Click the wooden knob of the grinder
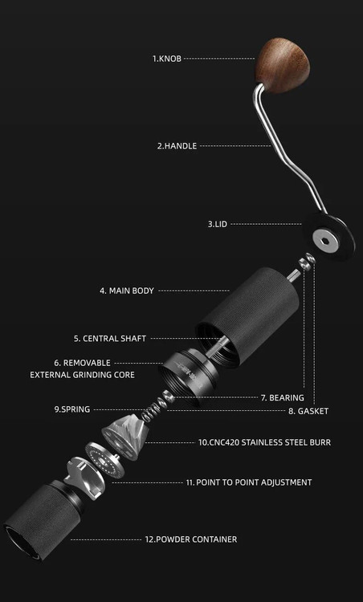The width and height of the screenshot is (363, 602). [x=283, y=64]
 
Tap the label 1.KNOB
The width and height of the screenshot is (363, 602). [x=167, y=59]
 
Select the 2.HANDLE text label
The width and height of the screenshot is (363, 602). [x=177, y=146]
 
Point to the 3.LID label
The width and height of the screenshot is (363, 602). [x=218, y=224]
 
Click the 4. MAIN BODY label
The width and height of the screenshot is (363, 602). [x=127, y=291]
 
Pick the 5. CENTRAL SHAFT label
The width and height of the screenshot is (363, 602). [x=110, y=339]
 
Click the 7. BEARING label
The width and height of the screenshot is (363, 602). [x=283, y=398]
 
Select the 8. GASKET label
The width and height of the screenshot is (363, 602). [x=308, y=411]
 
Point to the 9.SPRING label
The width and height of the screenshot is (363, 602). [x=71, y=409]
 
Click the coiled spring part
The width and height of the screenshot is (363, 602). [x=153, y=409]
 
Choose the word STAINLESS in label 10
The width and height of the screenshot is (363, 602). [x=263, y=442]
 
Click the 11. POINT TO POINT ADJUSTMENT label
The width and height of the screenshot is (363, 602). [x=249, y=482]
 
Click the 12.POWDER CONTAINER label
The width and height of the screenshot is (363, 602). [x=191, y=539]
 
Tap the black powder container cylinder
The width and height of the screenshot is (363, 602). [x=43, y=519]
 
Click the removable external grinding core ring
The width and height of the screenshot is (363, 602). [x=188, y=377]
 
